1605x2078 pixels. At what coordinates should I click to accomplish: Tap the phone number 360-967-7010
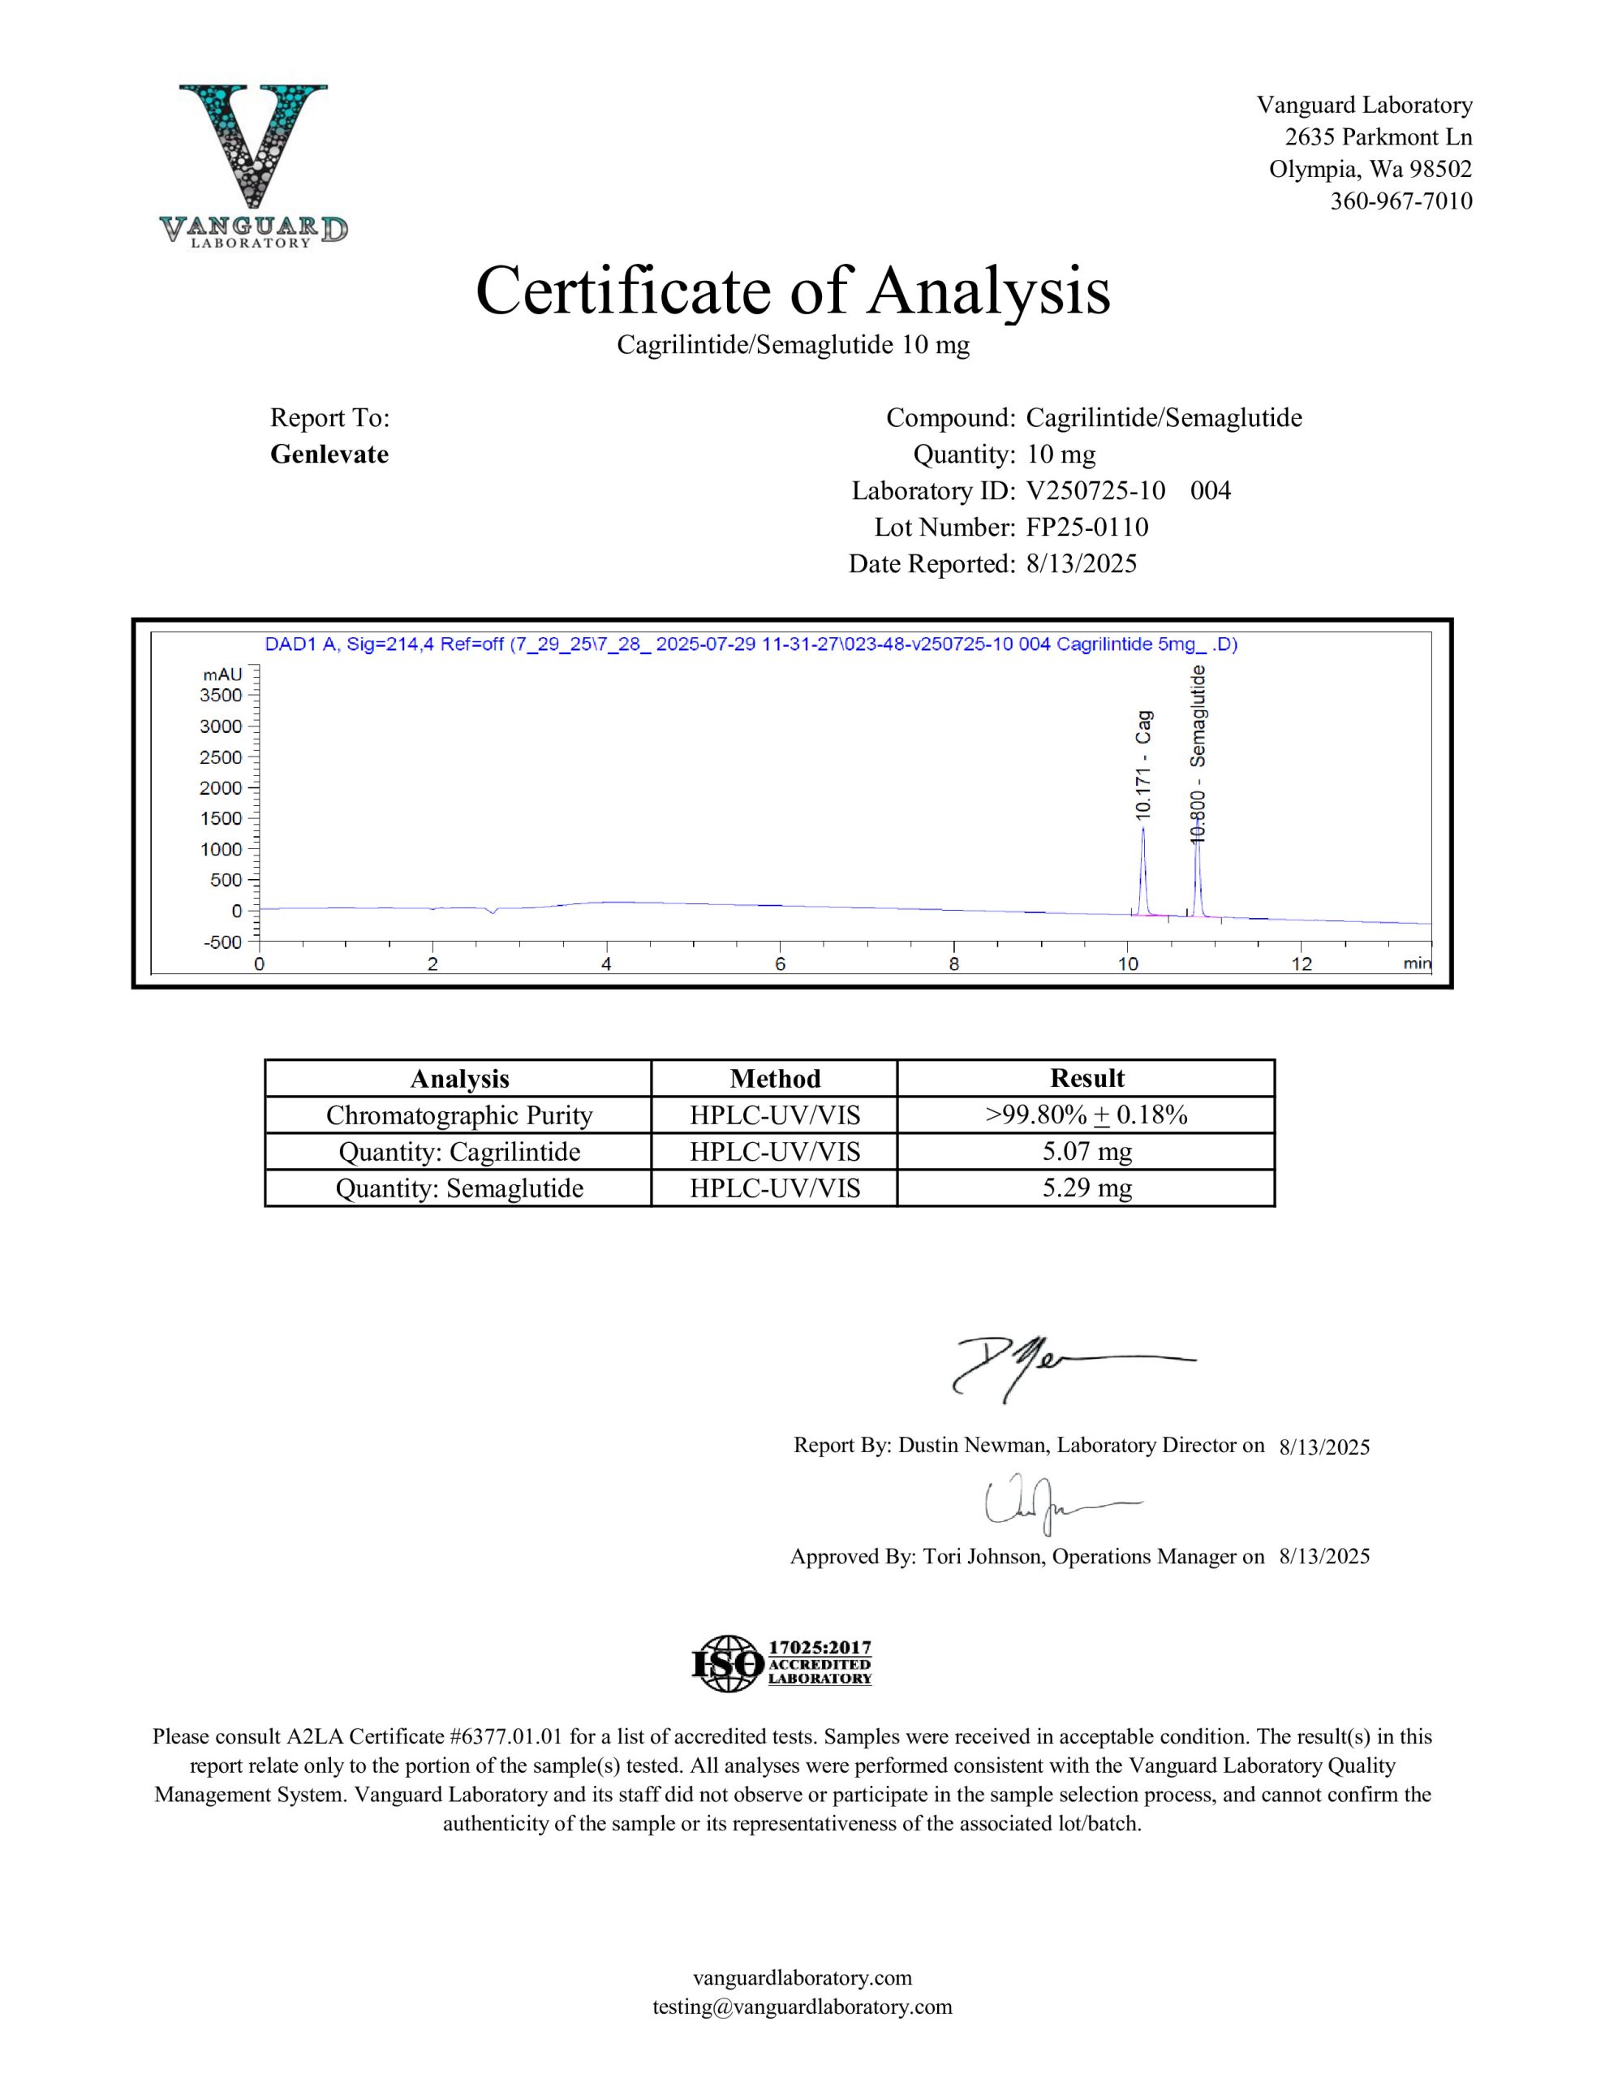click(x=1401, y=200)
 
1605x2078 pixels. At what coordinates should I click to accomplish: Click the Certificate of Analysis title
click(x=793, y=291)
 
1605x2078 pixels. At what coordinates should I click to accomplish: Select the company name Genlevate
click(x=329, y=454)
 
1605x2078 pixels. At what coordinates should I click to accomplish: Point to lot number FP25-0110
click(x=1086, y=527)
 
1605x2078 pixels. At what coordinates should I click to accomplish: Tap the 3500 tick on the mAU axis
click(x=221, y=696)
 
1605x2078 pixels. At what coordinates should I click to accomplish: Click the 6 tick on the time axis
click(x=780, y=964)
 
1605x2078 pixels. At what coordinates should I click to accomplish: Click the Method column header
click(x=774, y=1078)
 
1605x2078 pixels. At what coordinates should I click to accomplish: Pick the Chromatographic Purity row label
click(x=458, y=1115)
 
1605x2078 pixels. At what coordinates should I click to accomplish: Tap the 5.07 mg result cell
click(x=1086, y=1151)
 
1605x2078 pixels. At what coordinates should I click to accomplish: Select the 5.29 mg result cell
click(x=1086, y=1188)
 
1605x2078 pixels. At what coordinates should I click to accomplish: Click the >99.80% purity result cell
click(x=1086, y=1115)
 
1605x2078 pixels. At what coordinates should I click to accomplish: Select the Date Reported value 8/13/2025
click(x=1081, y=564)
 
